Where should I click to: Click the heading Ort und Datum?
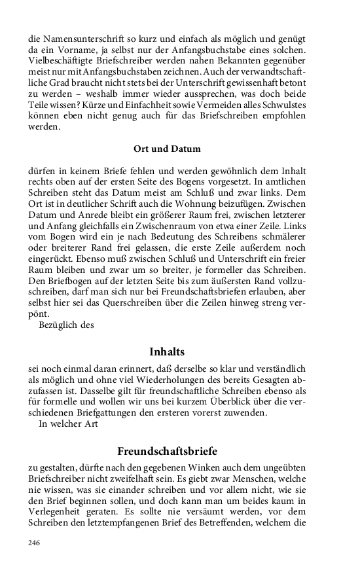pos(167,149)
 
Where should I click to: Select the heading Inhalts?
pos(167,352)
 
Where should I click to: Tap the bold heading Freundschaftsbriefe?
pos(167,452)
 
